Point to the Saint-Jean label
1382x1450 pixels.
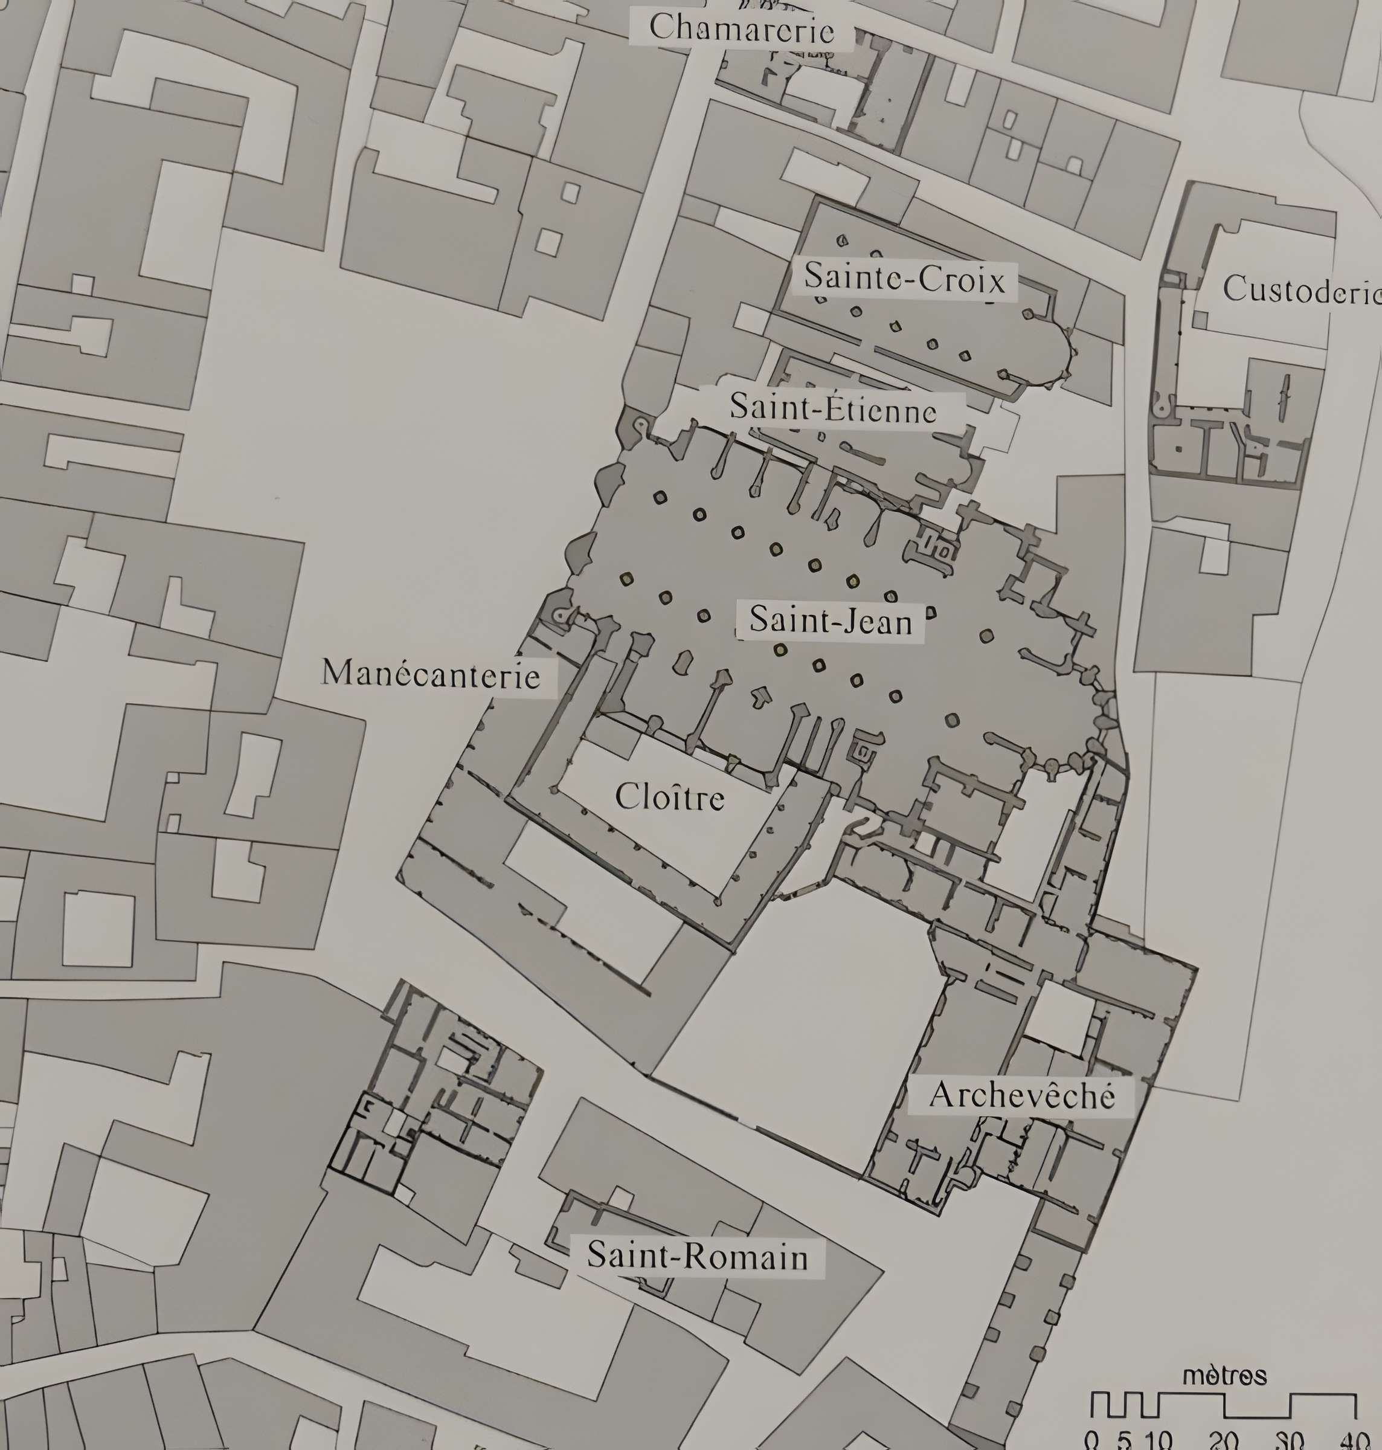(831, 621)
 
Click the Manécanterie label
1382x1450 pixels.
(431, 674)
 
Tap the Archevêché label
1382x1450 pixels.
(1022, 1095)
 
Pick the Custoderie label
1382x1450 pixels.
(1301, 289)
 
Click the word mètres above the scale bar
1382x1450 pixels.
(1224, 1376)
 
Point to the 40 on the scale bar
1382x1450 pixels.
(1354, 1440)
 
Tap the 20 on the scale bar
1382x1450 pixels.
(1224, 1440)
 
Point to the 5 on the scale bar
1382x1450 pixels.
(1124, 1440)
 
